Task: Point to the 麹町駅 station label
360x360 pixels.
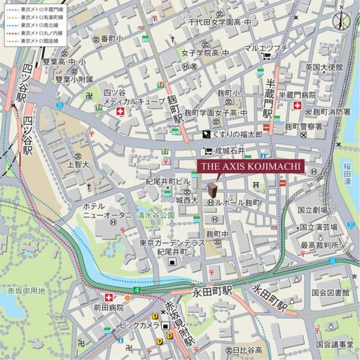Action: [178, 110]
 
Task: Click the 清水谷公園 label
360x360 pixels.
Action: [156, 214]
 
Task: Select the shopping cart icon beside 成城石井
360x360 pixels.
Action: [208, 150]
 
